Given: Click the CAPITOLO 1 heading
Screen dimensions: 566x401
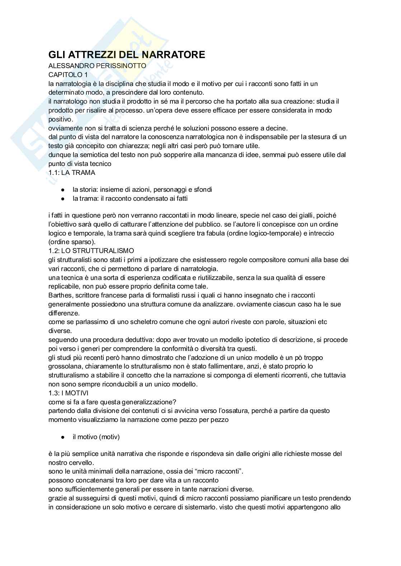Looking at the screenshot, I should pyautogui.click(x=68, y=75).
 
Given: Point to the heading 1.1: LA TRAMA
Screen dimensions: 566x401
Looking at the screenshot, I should pyautogui.click(x=72, y=172).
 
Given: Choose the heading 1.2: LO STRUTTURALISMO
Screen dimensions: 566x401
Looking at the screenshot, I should pyautogui.click(x=91, y=251).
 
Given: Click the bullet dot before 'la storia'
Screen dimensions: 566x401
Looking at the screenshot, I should pyautogui.click(x=63, y=190).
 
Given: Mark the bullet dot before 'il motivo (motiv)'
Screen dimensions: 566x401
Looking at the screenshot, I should pyautogui.click(x=63, y=437).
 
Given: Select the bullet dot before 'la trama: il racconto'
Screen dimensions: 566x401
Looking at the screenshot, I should pyautogui.click(x=63, y=199).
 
